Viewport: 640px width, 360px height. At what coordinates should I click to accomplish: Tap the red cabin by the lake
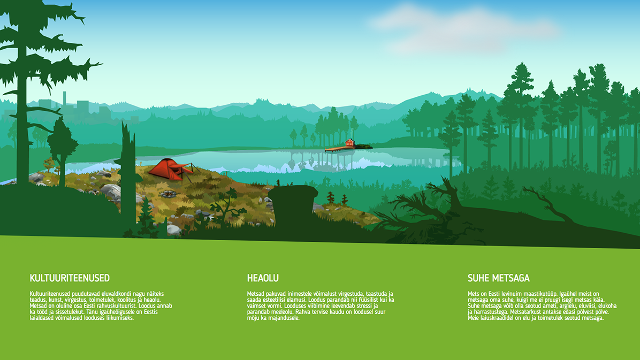[x=349, y=143]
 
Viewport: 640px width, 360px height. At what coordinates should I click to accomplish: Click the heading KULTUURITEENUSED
[x=70, y=278]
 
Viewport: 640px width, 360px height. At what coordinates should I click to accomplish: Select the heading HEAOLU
[x=263, y=278]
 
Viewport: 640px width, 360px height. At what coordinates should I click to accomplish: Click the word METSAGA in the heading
[x=511, y=278]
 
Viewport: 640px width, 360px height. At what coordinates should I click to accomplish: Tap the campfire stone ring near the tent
[x=167, y=194]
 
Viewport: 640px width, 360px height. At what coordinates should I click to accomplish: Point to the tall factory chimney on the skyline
[x=65, y=99]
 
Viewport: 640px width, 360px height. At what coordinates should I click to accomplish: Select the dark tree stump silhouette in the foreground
[x=293, y=203]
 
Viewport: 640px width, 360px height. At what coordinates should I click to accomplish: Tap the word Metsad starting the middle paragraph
[x=255, y=294]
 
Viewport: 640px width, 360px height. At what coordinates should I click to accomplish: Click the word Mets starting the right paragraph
[x=474, y=294]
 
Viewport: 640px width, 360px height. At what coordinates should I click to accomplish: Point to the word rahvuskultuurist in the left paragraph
[x=116, y=306]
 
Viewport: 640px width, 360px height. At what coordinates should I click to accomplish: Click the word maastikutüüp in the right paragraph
[x=540, y=294]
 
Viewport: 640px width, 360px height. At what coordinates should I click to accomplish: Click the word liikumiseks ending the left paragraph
[x=120, y=318]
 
